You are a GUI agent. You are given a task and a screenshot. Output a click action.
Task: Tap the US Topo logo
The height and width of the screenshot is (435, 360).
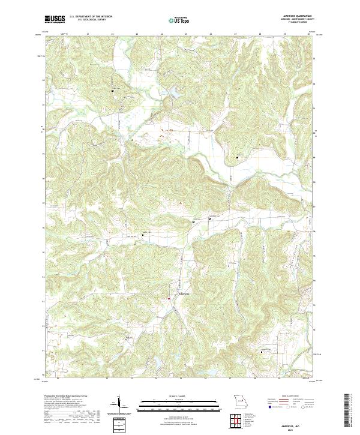click(x=179, y=20)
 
